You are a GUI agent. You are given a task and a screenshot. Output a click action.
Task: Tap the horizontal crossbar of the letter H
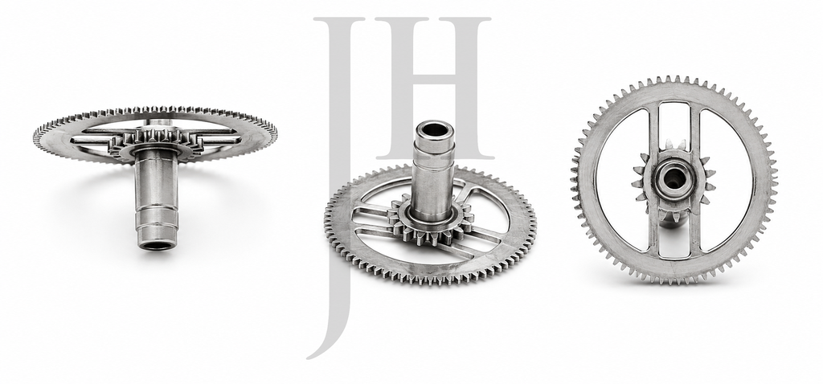[x=433, y=80]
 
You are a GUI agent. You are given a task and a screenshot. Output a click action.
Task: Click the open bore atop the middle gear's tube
[x=433, y=129]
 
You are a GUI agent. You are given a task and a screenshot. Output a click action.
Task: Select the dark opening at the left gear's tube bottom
[x=157, y=245]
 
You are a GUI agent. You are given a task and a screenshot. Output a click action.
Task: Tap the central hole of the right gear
[x=673, y=179]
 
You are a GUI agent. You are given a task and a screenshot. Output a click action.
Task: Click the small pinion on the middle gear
[x=431, y=219]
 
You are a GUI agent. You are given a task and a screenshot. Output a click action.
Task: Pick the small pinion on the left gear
[x=152, y=141]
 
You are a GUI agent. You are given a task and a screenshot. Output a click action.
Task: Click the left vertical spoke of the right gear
[x=653, y=178]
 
